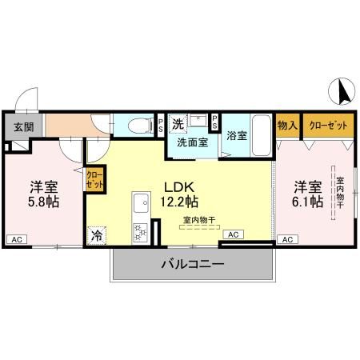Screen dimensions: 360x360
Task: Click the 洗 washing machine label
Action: (179, 124)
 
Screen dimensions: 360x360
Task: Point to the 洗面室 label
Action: (192, 142)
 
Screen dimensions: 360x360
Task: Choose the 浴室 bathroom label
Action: (236, 137)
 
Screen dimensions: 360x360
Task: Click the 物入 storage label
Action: (287, 125)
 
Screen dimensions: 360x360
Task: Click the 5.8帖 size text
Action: (43, 202)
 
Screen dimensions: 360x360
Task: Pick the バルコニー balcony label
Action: (194, 263)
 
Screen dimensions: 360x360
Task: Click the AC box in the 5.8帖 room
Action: (17, 239)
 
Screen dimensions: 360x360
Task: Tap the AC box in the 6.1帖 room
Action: (288, 239)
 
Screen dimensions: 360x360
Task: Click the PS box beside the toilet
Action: (161, 126)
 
